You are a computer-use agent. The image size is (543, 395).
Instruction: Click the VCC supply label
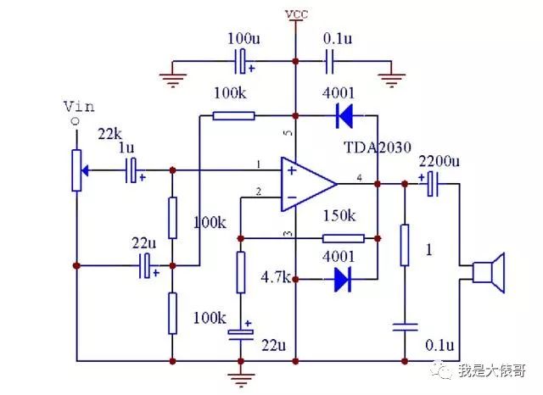(x=296, y=14)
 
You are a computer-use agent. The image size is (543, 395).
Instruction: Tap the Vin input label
(x=79, y=107)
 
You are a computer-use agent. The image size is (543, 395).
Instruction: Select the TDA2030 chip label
(x=378, y=147)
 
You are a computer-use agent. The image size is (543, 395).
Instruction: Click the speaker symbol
(x=489, y=273)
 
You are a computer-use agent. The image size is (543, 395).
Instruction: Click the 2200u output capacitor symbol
(x=433, y=184)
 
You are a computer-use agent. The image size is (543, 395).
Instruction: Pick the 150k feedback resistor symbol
(x=343, y=238)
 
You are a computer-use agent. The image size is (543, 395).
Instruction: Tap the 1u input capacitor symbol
(x=131, y=170)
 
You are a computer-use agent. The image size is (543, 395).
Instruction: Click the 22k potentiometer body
(x=76, y=170)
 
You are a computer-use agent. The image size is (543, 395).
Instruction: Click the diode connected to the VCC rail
(x=344, y=116)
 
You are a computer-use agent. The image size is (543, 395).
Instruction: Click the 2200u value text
(x=439, y=161)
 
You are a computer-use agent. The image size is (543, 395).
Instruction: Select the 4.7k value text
(x=276, y=277)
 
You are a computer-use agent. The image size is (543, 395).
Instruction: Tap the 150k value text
(x=339, y=216)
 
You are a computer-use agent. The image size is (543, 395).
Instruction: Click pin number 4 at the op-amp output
(x=360, y=178)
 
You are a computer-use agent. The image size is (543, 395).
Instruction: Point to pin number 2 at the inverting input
(x=258, y=192)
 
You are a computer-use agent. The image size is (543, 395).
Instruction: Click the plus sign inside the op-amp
(x=292, y=170)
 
